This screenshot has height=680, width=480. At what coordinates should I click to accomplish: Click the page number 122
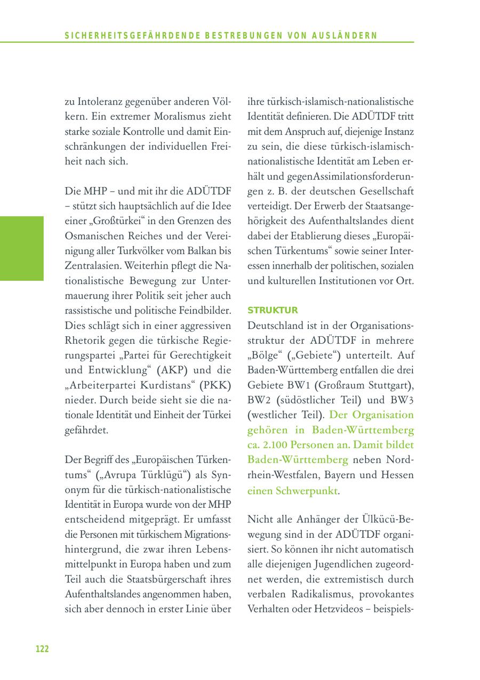coord(42,649)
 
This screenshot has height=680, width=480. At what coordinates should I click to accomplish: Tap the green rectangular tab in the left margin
coord(22,248)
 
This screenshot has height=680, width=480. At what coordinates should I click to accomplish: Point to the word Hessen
coord(398,474)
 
